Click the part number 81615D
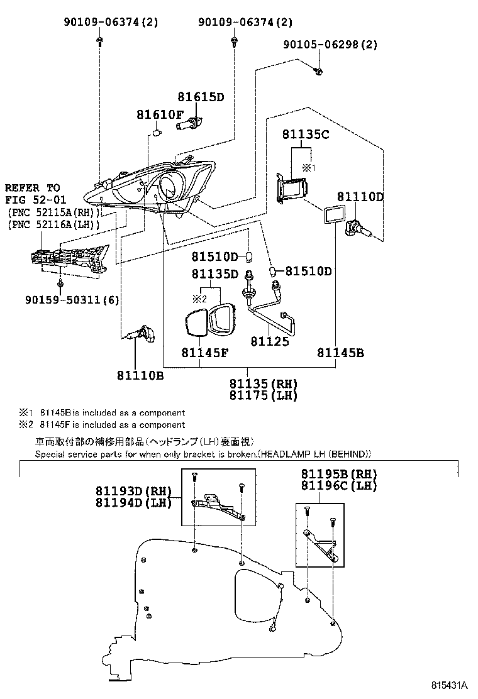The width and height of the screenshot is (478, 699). (x=200, y=97)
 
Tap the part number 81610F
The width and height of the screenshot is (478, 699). (x=160, y=114)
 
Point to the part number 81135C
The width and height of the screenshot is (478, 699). (x=306, y=134)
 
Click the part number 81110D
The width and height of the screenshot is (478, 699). (x=360, y=197)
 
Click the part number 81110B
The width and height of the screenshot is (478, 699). (x=140, y=375)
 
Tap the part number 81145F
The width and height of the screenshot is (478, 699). (x=201, y=353)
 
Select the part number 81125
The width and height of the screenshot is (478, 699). (x=270, y=341)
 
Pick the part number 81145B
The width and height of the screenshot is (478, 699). (x=340, y=353)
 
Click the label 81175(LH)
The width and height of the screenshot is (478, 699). (x=263, y=395)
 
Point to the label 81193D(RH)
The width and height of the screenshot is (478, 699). (x=134, y=491)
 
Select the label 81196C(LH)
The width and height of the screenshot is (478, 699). (x=338, y=485)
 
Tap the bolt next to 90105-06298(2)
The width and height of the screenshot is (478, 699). (x=319, y=71)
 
